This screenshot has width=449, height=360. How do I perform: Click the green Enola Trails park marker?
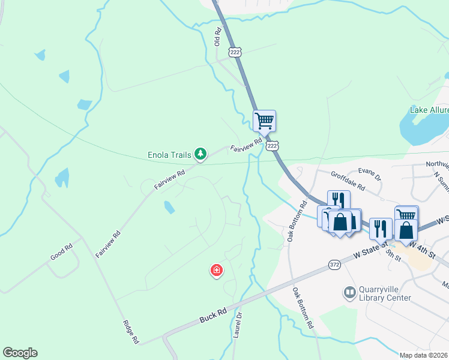coord(200,155)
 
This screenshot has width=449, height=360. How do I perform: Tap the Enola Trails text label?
coord(169,155)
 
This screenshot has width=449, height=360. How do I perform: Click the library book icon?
coord(349,293)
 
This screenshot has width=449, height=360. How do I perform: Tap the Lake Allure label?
coord(429,110)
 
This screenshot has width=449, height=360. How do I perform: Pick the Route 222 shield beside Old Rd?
coord(235,53)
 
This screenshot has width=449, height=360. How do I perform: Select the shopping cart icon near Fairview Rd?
coord(264,121)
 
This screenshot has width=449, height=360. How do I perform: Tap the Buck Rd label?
coord(213,313)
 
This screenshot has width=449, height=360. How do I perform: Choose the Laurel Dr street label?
coord(237,325)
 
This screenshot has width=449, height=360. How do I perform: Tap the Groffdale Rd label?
coord(348,181)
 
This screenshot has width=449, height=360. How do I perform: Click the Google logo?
coord(20,353)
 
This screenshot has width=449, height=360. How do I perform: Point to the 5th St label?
coord(393,254)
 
